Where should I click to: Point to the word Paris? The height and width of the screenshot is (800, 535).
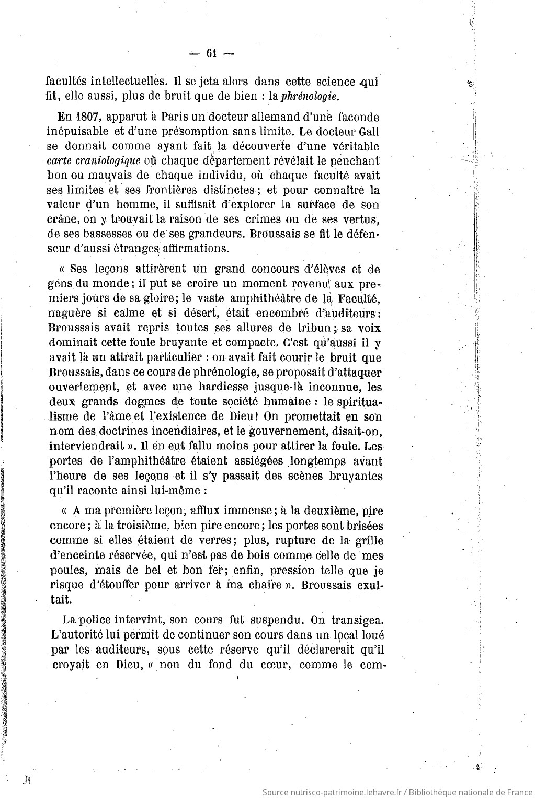[161, 117]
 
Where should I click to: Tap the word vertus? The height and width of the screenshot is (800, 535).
[358, 219]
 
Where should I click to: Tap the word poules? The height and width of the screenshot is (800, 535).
[65, 570]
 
